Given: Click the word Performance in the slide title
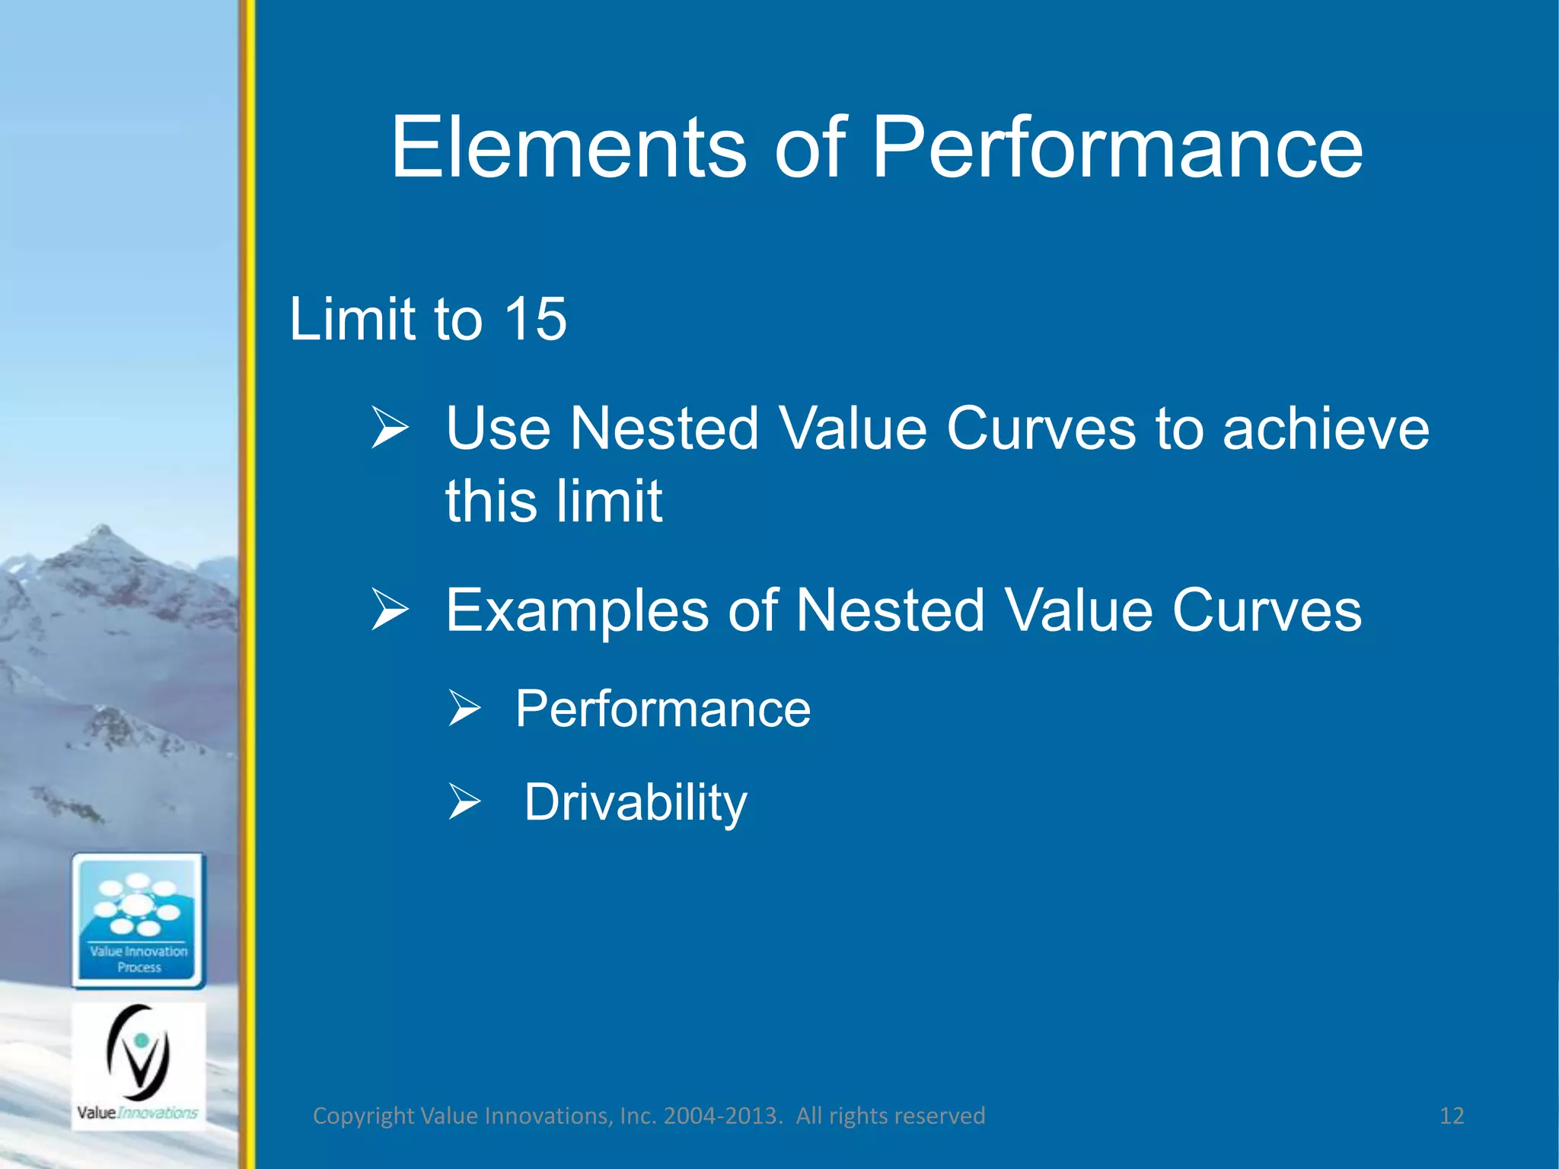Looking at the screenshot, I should [1116, 148].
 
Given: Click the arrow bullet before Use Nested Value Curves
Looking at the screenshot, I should [390, 428].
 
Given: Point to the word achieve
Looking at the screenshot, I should [1325, 428].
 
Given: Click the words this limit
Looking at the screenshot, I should [553, 502].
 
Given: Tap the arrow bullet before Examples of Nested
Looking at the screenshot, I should [390, 610].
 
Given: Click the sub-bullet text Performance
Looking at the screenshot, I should [662, 709].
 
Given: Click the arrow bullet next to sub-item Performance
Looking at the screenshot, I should [464, 709].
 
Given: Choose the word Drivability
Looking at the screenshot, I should [635, 802].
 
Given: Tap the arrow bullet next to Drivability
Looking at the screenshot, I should [464, 802].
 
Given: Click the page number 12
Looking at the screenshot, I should [1452, 1116].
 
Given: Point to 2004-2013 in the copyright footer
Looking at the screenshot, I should [722, 1116].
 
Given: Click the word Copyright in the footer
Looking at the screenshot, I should [363, 1116].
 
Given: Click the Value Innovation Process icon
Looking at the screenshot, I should [139, 921].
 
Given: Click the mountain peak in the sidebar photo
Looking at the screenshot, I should [104, 533].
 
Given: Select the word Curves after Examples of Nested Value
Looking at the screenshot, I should [1266, 611].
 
